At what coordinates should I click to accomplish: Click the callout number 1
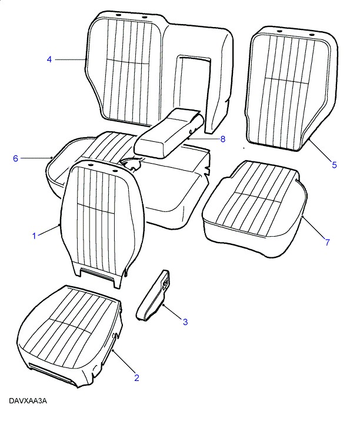click(34, 236)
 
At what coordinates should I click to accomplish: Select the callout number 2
click(137, 378)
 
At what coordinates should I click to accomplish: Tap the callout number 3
click(185, 321)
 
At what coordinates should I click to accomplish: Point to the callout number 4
click(49, 59)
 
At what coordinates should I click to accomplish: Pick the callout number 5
click(334, 165)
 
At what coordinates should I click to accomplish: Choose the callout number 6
click(15, 158)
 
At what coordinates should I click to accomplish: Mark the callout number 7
click(327, 242)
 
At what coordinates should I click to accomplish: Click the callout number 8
click(223, 139)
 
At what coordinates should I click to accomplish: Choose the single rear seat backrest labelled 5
click(291, 88)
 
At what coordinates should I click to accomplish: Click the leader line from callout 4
click(70, 59)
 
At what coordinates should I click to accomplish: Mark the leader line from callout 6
click(36, 158)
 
